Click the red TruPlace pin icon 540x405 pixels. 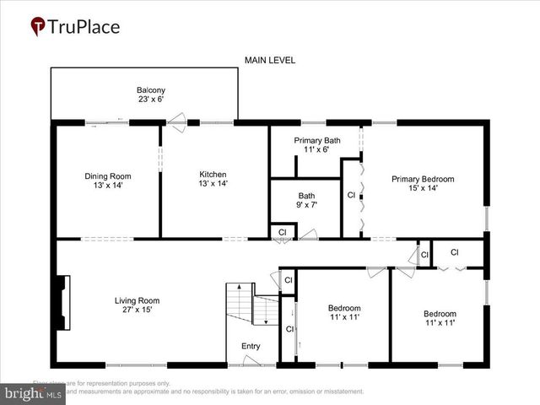(38, 27)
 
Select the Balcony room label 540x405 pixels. (151, 90)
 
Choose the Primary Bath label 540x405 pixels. (316, 140)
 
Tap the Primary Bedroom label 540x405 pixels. (422, 179)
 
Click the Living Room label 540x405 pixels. (137, 300)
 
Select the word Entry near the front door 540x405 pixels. (251, 346)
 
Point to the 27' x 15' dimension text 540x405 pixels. (137, 310)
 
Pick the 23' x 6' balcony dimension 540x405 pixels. (151, 100)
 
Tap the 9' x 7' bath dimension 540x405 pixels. (306, 205)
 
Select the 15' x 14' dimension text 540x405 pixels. (422, 188)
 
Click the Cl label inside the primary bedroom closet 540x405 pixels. (351, 195)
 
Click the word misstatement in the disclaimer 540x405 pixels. (337, 391)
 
